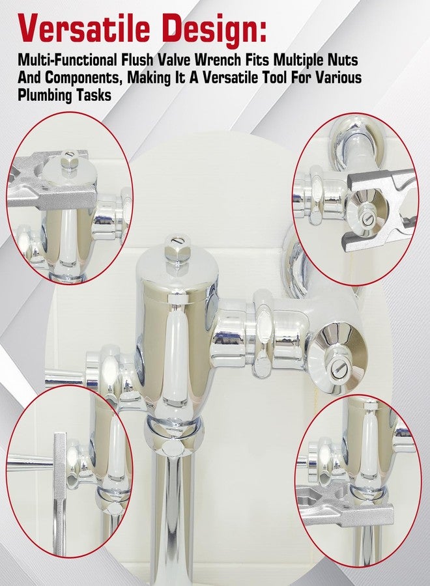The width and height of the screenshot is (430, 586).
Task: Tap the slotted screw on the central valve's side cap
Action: [x=338, y=370]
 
